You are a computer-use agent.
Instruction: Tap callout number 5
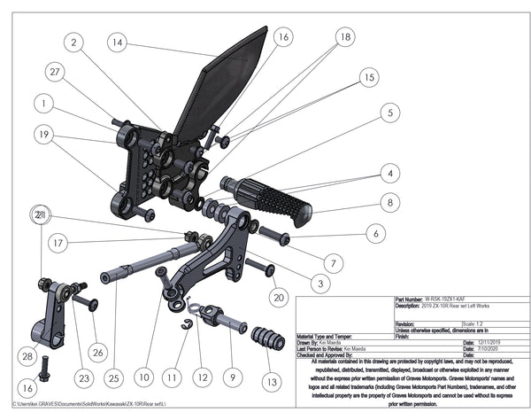(389, 113)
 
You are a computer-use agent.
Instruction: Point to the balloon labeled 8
(389, 202)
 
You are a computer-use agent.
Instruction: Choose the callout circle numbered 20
(279, 298)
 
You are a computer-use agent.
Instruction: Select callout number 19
(42, 135)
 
